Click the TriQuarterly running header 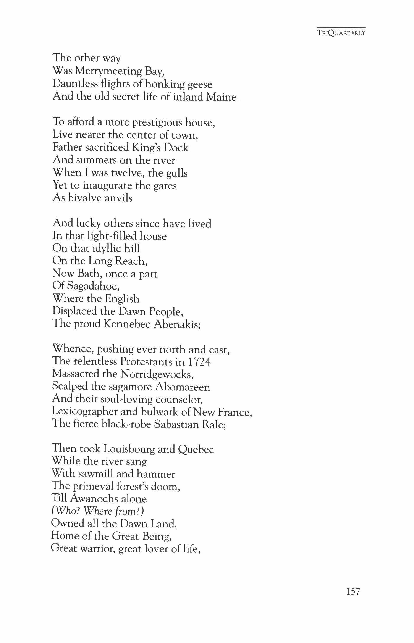pos(341,33)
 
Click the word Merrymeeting pos(108,71)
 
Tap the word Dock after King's pos(176,148)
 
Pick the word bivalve pos(84,198)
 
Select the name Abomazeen pos(183,387)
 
